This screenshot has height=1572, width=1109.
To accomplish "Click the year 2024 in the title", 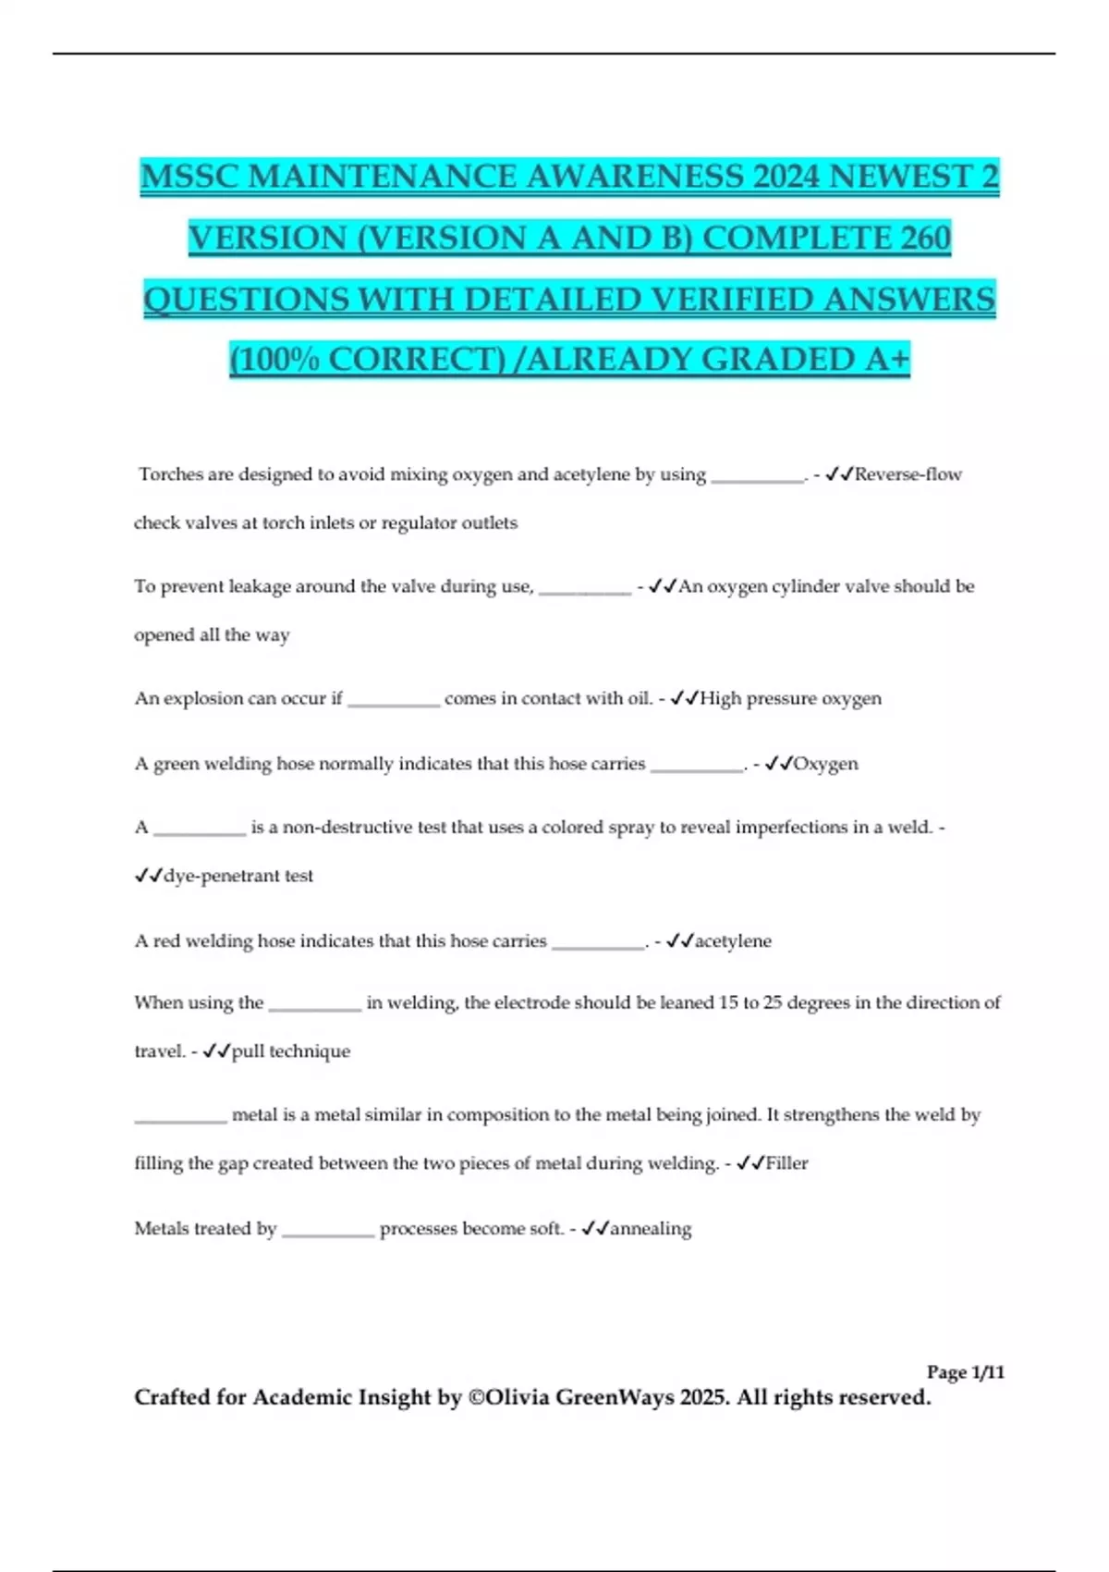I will click(x=785, y=176).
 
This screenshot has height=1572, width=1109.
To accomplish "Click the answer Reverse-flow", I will click(x=908, y=474).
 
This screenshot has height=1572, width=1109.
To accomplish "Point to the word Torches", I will click(x=171, y=474).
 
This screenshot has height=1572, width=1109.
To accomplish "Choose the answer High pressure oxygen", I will click(x=790, y=698).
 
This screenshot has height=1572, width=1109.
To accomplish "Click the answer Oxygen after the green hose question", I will click(x=825, y=764).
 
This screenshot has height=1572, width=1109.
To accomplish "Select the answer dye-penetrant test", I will click(x=238, y=876).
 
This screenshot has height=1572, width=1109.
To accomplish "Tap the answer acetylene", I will click(x=733, y=941).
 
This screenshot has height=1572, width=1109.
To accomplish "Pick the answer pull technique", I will click(x=290, y=1051).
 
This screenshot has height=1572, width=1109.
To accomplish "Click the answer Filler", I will click(x=786, y=1163).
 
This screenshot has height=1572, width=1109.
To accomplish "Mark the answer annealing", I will click(x=651, y=1229).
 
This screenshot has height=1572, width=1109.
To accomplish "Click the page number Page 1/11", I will click(x=965, y=1372).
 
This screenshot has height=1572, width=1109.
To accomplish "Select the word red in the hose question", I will click(x=166, y=941).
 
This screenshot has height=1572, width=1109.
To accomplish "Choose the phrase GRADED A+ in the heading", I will click(x=805, y=359).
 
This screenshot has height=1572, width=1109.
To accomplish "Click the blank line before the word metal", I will click(x=180, y=1119).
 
